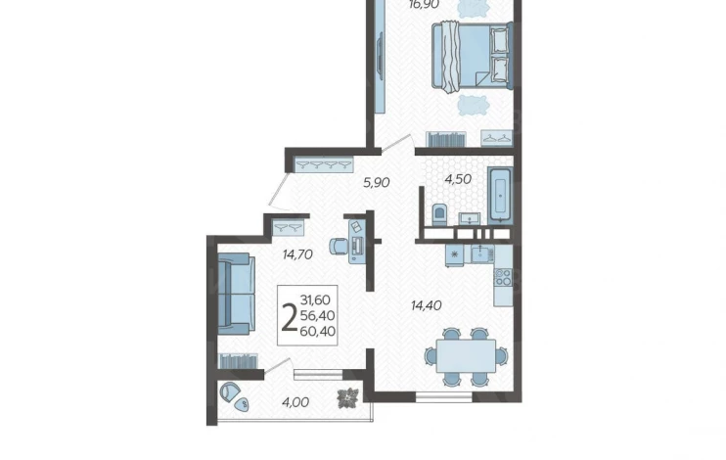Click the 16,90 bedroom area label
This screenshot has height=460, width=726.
click(424, 5)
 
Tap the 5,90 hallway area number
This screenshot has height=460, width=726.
click(376, 182)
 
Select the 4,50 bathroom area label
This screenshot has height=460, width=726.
click(458, 179)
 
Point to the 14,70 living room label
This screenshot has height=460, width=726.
click(297, 254)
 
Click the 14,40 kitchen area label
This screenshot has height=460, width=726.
click(426, 305)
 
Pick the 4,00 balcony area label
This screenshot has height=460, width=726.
click(295, 402)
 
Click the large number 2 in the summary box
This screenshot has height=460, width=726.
click(289, 317)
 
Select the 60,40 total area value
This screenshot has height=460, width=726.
click(318, 331)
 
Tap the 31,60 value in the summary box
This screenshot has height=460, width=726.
click(315, 299)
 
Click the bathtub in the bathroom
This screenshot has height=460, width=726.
click(500, 195)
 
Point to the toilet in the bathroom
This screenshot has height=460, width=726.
click(438, 214)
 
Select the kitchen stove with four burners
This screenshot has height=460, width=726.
click(503, 278)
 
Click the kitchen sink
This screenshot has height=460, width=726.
click(482, 253)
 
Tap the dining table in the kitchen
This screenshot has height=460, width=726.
click(466, 356)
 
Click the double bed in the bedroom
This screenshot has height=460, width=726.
click(472, 55)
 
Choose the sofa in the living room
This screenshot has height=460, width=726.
click(236, 294)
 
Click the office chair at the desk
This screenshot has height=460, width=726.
click(339, 246)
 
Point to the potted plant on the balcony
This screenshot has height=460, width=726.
click(347, 398)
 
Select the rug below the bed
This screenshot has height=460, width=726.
click(474, 106)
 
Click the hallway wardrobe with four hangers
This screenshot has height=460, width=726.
click(324, 164)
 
